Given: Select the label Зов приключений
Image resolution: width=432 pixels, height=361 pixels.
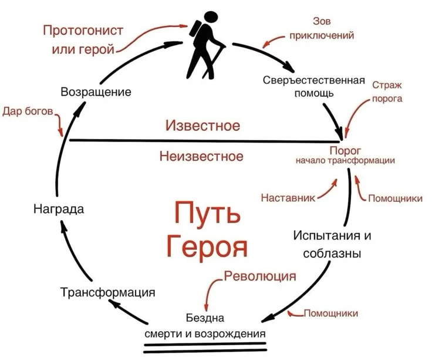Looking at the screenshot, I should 321,28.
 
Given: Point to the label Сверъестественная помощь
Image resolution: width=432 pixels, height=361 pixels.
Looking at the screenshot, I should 314,86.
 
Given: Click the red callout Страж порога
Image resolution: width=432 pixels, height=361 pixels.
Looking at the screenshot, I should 387,92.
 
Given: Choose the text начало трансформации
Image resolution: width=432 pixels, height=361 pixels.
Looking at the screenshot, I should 345,160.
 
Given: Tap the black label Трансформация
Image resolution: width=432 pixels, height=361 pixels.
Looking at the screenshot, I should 107,292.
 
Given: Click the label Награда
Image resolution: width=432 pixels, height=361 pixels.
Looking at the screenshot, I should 59,209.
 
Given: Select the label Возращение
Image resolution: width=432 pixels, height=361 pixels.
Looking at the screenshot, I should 96,92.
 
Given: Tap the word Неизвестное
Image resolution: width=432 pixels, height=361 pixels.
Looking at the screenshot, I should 201,156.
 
